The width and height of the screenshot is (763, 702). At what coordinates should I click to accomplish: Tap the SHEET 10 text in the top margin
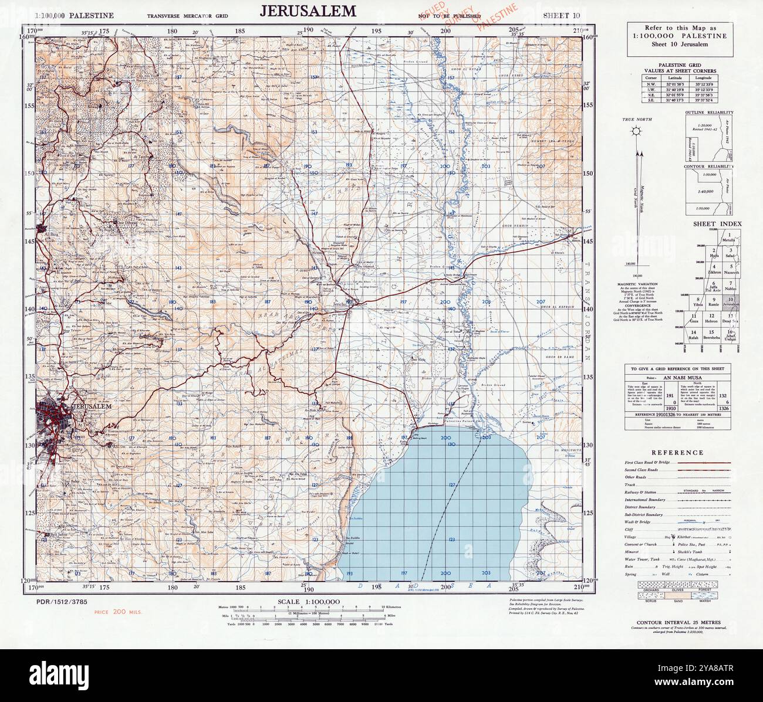(562, 15)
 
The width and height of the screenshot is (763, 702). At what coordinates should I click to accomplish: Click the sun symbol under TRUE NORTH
(634, 130)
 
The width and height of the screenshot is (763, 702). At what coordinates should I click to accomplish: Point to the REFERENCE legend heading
(676, 452)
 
